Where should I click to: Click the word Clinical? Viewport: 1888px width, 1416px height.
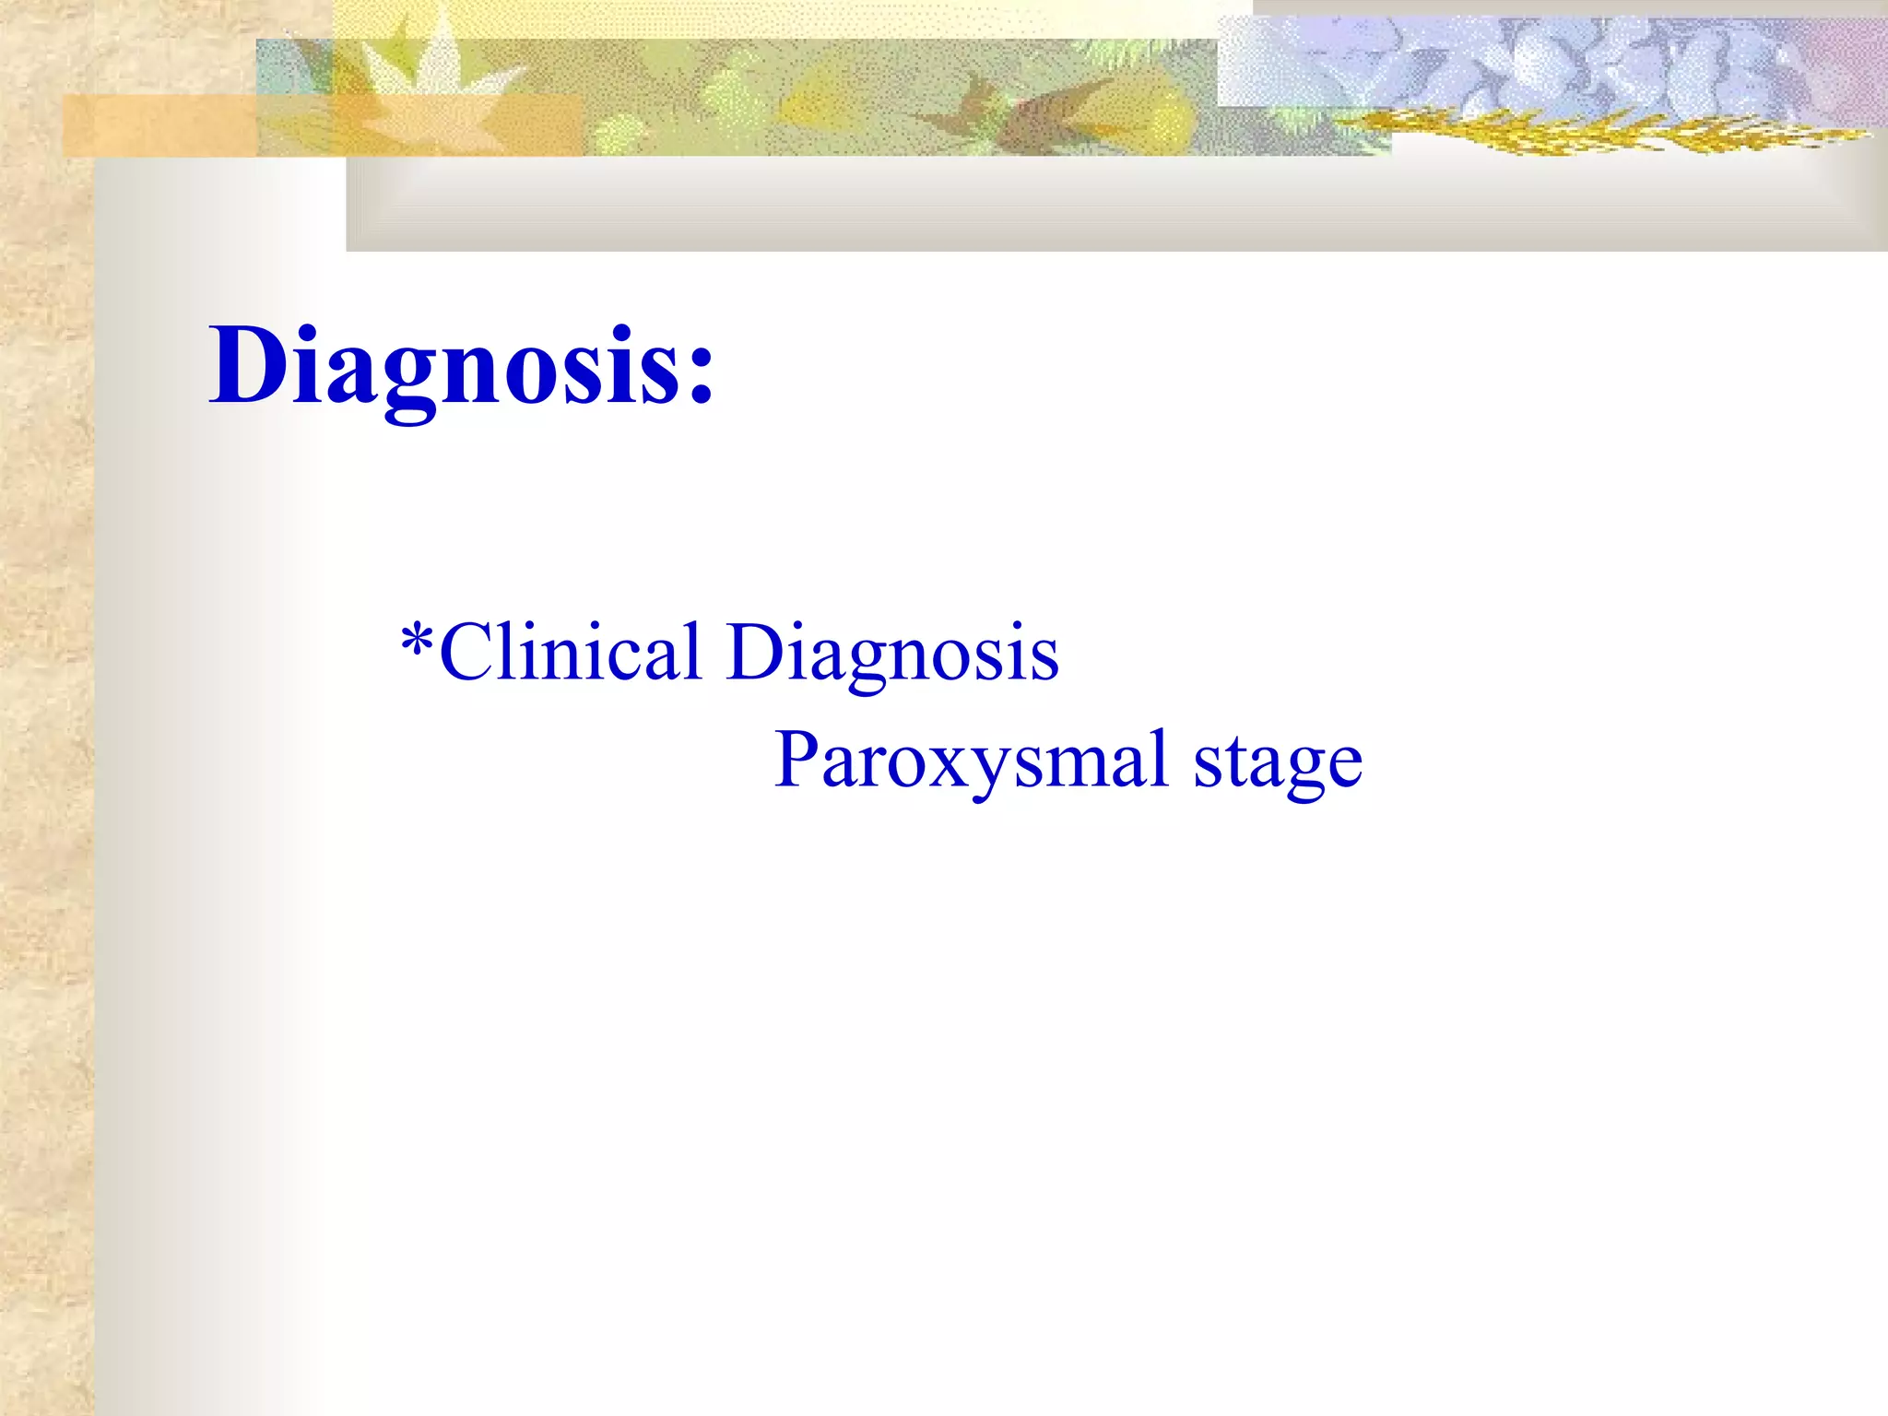[x=570, y=652]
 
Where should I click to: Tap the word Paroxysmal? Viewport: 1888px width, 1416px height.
[x=973, y=761]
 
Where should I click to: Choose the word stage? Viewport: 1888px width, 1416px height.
[x=1278, y=763]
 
